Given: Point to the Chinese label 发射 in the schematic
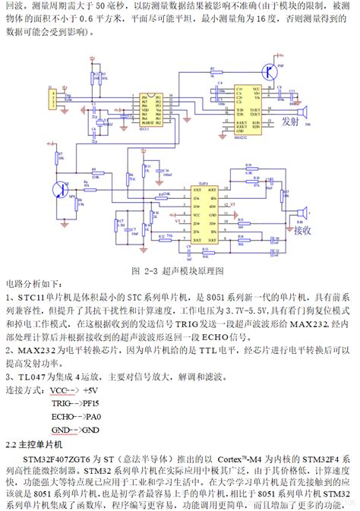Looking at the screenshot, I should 290,120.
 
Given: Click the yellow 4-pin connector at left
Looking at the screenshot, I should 53,96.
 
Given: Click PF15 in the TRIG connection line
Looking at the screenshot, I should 91,402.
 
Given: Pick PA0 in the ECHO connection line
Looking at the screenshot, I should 93,417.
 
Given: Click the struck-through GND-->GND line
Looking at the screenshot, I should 71,431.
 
